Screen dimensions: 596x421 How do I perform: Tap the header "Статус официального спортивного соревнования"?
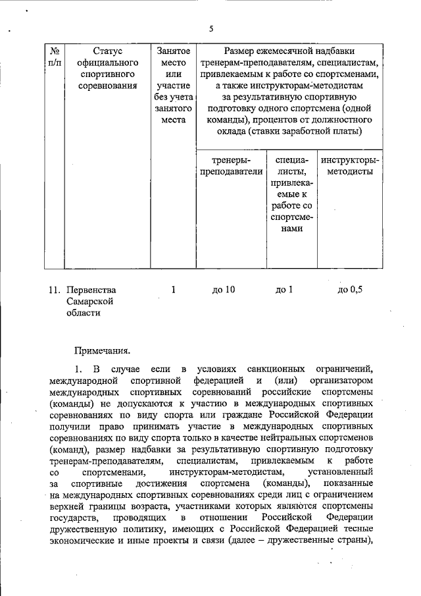tap(107, 68)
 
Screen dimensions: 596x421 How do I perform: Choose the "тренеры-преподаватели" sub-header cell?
tap(230, 165)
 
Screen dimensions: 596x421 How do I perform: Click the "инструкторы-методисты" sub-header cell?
tap(350, 165)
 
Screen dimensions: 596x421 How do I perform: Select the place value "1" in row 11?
tap(174, 289)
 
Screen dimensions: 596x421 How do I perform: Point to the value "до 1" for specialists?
tap(284, 289)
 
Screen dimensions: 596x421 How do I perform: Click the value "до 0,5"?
tap(349, 289)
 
